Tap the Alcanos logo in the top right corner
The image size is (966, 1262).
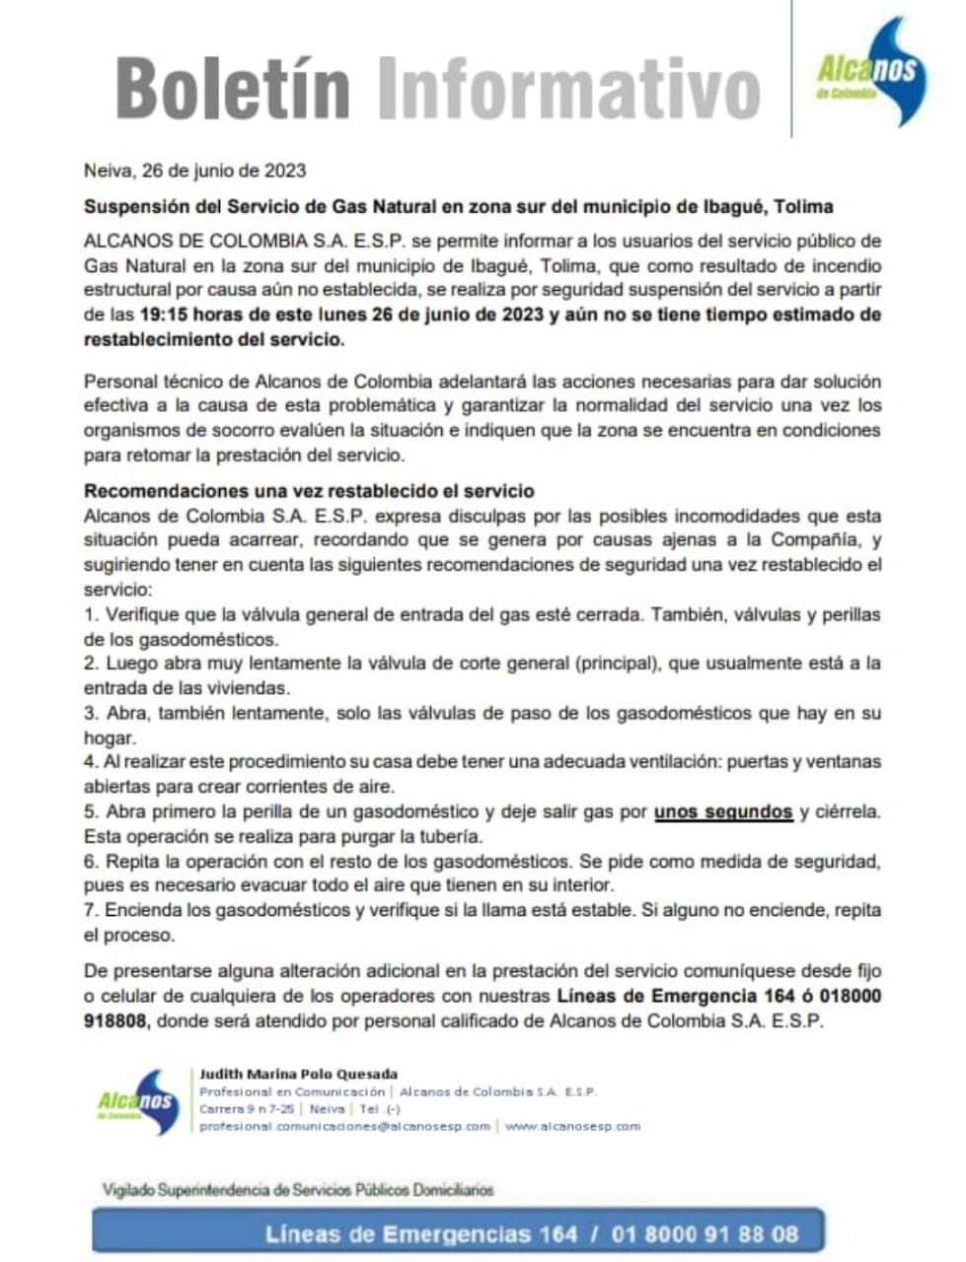[x=865, y=71]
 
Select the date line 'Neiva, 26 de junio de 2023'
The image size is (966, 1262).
[x=194, y=170]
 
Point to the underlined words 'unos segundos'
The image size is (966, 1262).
[x=723, y=812]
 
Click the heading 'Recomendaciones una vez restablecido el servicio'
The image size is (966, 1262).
[x=309, y=491]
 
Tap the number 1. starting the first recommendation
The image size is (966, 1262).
[x=91, y=615]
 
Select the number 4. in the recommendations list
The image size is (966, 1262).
[x=91, y=762]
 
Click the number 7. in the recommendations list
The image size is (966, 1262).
[x=91, y=910]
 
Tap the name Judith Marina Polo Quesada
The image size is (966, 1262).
[x=298, y=1074]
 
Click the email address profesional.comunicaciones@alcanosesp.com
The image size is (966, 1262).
[x=344, y=1126]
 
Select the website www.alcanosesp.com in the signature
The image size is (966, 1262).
[x=572, y=1126]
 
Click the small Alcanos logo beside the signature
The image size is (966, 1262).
[x=136, y=1101]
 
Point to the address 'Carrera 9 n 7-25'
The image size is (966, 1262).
[x=245, y=1109]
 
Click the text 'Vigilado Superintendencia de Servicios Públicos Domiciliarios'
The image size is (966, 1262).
[x=298, y=1190]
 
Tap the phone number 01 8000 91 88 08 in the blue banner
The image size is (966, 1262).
[x=705, y=1233]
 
